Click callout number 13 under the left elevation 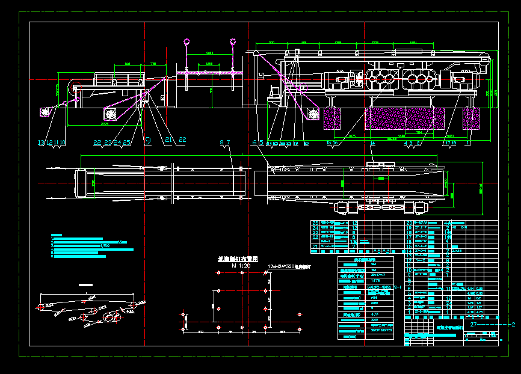point(40,143)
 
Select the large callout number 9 point(147,141)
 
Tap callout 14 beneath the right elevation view point(372,143)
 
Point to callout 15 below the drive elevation point(330,143)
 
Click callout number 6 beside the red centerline point(254,143)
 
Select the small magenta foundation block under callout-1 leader point(470,118)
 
